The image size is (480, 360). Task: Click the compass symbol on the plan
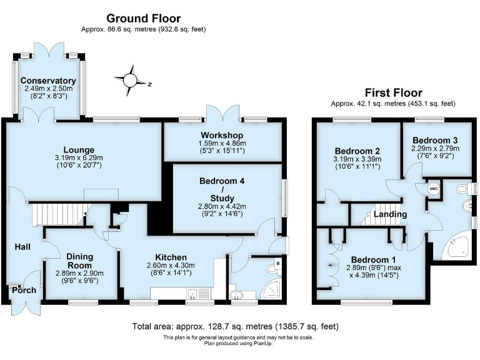tap(130, 80)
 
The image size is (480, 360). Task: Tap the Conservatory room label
tap(48, 81)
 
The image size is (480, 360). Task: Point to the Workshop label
tap(222, 136)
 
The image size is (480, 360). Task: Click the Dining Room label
tap(79, 261)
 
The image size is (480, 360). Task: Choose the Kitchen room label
tap(171, 257)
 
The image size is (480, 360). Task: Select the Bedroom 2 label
tap(357, 151)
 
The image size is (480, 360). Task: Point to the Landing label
tap(391, 214)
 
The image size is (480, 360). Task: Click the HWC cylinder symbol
tap(433, 188)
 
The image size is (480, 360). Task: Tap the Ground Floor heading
tap(143, 18)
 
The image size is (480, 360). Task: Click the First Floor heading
tap(393, 93)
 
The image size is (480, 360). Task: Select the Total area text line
tap(235, 326)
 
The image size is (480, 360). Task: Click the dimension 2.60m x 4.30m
tap(171, 266)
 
